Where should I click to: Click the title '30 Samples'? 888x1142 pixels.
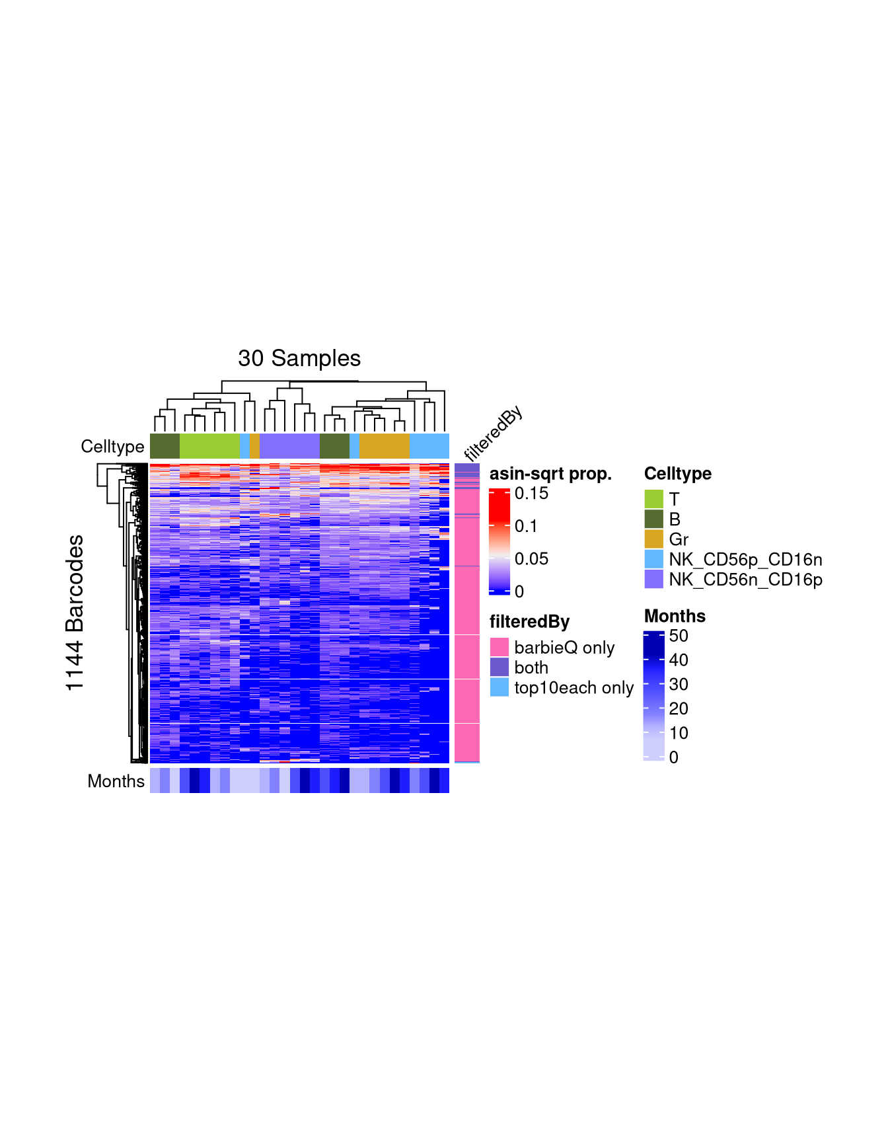299,358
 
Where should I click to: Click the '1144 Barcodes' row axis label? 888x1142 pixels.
75,613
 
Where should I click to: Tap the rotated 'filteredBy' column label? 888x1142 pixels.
493,434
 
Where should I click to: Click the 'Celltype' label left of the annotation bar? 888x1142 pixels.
112,447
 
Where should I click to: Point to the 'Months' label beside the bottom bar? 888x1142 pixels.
116,781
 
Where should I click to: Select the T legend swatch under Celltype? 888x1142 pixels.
653,499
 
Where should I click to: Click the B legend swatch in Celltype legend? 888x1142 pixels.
653,519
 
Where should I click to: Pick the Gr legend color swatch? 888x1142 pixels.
653,539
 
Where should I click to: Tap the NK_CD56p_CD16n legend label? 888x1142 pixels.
745,560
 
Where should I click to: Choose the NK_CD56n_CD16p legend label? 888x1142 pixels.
745,580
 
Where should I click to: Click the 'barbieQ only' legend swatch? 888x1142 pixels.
499,647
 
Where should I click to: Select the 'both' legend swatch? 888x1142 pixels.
499,667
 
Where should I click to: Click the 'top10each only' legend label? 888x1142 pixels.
573,688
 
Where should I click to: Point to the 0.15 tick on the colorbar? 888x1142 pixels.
531,494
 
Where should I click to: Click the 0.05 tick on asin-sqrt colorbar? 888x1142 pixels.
531,559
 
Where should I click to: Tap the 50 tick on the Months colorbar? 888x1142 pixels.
679,636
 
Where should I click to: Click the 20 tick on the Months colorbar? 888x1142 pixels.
679,708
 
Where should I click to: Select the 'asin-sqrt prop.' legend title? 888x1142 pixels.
550,474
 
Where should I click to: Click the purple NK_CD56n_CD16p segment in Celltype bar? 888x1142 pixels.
289,446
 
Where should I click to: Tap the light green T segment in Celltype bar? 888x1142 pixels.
209,446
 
